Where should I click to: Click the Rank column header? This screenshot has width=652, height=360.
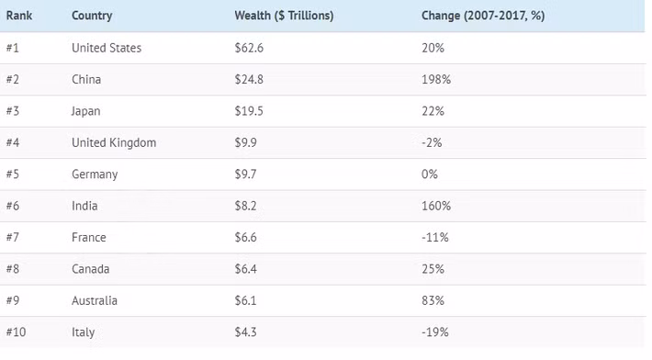(19, 16)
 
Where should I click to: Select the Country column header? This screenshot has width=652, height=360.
(93, 16)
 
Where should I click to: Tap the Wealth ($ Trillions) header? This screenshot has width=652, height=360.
(284, 16)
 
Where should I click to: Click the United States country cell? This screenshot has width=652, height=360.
(107, 48)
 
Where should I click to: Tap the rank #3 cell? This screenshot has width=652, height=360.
(14, 111)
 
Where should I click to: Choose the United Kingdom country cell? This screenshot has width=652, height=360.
(114, 142)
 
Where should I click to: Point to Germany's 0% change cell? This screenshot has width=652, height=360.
(429, 174)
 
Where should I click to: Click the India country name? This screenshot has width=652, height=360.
(84, 206)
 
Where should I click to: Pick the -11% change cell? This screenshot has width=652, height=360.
(434, 238)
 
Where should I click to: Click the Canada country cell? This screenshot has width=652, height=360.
(89, 269)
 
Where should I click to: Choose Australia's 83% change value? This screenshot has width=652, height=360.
(433, 301)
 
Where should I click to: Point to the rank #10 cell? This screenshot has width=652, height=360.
(17, 332)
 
